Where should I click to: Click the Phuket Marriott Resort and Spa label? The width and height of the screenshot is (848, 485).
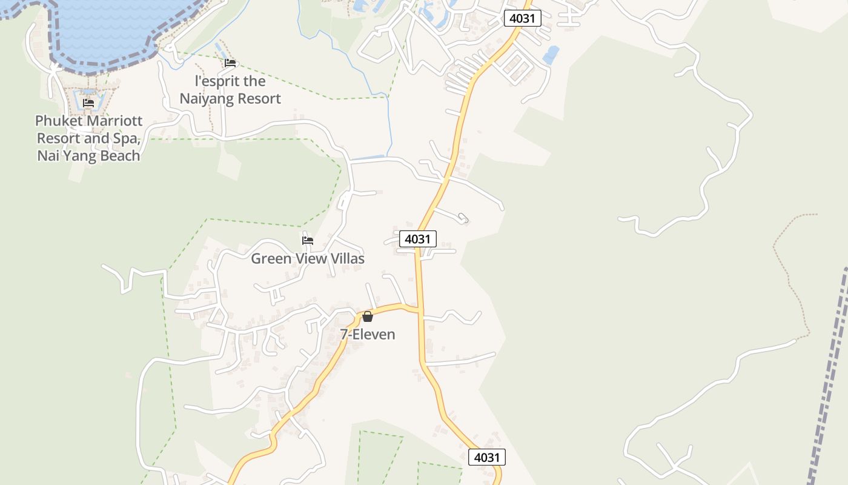(x=88, y=138)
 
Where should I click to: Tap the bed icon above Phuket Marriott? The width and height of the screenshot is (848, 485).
(x=88, y=102)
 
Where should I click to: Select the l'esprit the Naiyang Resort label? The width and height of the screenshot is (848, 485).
(x=230, y=90)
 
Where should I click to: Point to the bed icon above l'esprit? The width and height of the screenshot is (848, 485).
(x=230, y=62)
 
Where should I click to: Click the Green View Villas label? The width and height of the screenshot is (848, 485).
(x=308, y=259)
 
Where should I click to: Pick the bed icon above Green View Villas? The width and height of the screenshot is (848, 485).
(x=308, y=240)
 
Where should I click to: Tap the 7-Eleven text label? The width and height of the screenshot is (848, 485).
(x=368, y=334)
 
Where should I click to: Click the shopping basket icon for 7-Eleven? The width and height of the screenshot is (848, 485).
(x=368, y=316)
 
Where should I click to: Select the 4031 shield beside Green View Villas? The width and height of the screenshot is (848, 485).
(x=417, y=239)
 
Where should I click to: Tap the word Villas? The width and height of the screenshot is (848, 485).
(x=346, y=259)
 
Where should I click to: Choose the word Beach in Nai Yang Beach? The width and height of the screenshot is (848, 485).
(x=119, y=156)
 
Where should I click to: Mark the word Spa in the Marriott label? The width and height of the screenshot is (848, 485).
(x=128, y=138)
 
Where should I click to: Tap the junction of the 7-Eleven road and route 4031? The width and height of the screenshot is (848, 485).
(x=419, y=310)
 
